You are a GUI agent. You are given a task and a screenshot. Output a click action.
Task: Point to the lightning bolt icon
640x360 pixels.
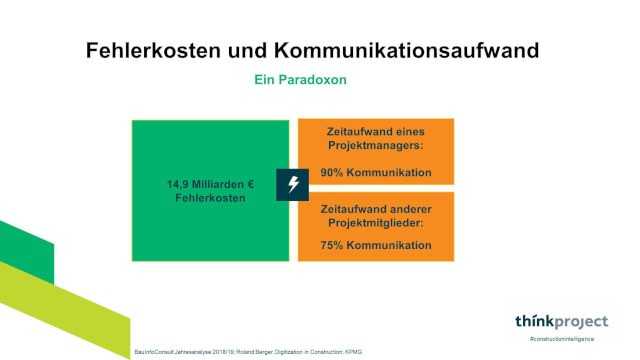pos(292,184)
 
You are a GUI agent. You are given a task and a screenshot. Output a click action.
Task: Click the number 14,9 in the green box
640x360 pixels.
pos(179,185)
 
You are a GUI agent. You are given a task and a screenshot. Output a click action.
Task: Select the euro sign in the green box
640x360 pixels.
pos(254,185)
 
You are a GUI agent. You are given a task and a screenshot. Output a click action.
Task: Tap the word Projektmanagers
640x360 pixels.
pos(375,146)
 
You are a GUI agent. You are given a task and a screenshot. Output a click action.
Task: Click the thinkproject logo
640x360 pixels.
pos(561,322)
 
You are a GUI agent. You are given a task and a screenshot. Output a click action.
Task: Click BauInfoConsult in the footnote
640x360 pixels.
pos(155,352)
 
